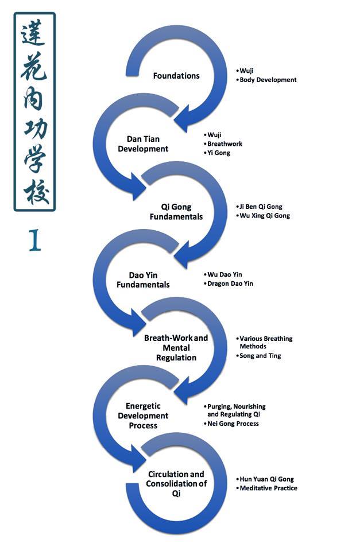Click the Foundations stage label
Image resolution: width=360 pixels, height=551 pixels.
176,76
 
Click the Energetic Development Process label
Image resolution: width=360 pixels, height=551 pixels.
147,416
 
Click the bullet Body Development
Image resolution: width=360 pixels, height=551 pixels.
268,80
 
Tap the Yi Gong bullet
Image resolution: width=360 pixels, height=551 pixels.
219,153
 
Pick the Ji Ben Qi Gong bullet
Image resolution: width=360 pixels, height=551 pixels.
261,207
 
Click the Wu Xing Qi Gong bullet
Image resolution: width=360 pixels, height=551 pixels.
265,216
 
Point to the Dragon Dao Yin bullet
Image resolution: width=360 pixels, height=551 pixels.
230,284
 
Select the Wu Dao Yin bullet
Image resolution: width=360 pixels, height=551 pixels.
224,274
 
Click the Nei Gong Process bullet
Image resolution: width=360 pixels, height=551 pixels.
233,424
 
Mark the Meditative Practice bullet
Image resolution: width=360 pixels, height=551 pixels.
268,488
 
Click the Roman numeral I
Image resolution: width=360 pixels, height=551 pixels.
34,241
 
